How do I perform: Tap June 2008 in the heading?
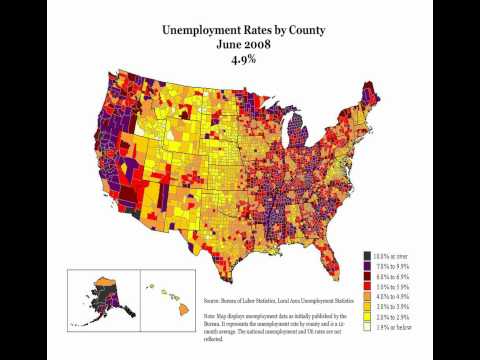tap(240, 45)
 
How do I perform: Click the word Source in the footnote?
tap(213, 299)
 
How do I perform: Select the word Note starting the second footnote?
tap(211, 315)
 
